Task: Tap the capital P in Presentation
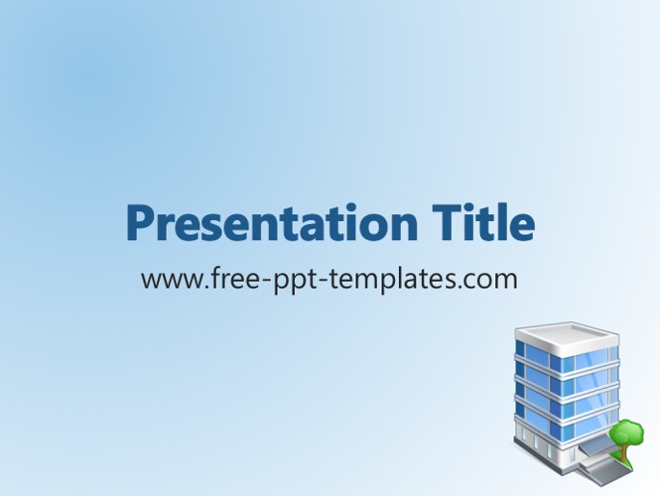click(140, 223)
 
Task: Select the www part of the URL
click(172, 280)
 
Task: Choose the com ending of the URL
click(493, 281)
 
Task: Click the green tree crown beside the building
click(626, 432)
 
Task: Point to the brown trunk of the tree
click(622, 453)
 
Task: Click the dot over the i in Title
click(472, 209)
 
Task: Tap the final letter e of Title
click(522, 228)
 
